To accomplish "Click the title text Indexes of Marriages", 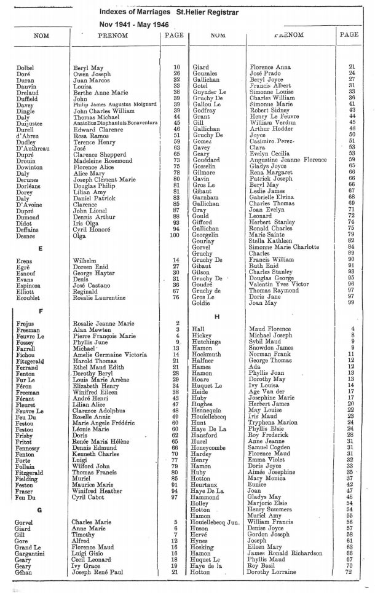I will (x=135, y=12).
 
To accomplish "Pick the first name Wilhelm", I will (x=85, y=261).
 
